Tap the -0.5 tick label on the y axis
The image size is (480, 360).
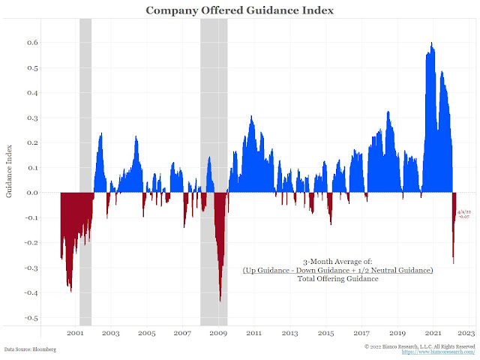32,318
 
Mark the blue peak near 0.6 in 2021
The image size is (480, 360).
432,44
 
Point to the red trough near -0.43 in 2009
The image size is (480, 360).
220,300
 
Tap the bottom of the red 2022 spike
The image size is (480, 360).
453,262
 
